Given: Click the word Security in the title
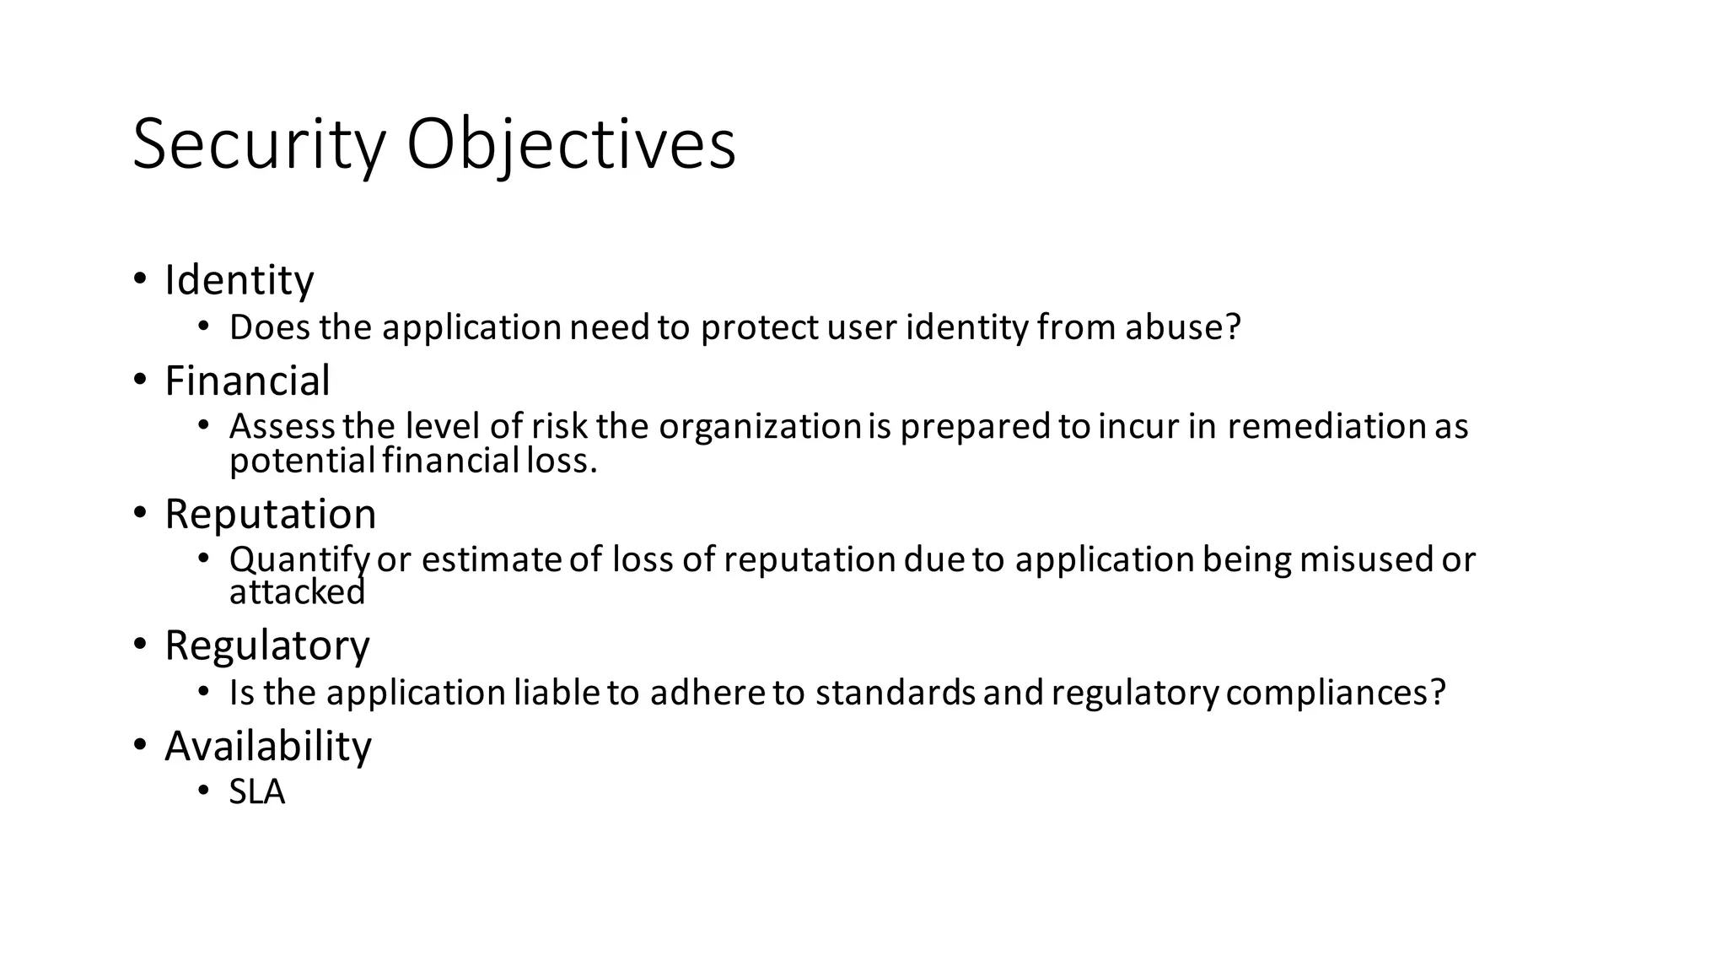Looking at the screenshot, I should [259, 145].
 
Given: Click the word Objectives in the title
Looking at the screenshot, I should [571, 145].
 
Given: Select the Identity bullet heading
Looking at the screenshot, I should [239, 280].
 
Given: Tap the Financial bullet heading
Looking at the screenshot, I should [247, 381].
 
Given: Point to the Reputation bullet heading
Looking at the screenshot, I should [270, 514].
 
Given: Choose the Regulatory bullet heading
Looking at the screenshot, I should [266, 646].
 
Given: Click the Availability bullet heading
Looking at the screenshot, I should [267, 746].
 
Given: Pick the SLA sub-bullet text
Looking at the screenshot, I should [257, 792].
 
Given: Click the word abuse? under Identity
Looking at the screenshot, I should [1183, 327].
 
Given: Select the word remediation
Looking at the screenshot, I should [1326, 426].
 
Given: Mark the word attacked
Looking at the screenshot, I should [297, 592].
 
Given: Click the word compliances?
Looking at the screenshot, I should [1336, 693].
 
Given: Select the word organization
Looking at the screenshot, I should [759, 426].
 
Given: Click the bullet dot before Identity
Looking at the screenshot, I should [140, 278].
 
